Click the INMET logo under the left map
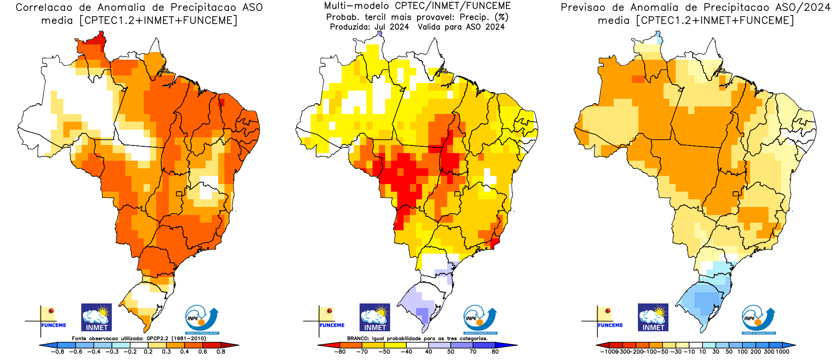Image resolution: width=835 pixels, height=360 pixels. tap(97, 317)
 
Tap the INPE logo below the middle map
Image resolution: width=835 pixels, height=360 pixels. tap(480, 319)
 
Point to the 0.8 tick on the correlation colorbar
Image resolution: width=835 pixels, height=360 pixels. tap(221, 351)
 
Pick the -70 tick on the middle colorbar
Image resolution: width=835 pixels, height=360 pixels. tap(362, 351)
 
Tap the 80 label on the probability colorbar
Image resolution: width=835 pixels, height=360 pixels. tap(495, 351)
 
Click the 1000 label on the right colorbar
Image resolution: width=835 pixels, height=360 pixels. tap(782, 351)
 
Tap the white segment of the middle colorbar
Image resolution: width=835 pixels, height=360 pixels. tap(417, 345)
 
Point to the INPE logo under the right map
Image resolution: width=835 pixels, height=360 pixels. tap(758, 319)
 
